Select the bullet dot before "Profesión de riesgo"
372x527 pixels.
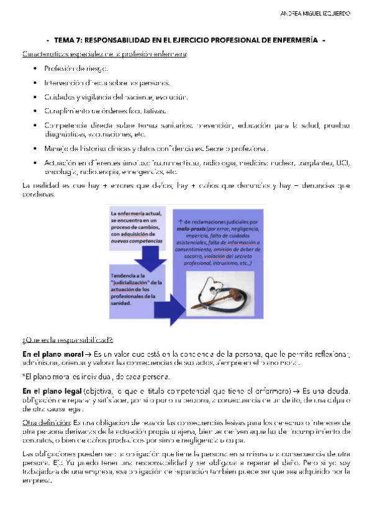(37, 68)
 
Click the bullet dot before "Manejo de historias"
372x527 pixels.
(37, 149)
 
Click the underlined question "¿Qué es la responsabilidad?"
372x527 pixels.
(67, 339)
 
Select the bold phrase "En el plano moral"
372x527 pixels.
(51, 353)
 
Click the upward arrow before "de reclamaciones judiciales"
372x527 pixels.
(179, 221)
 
